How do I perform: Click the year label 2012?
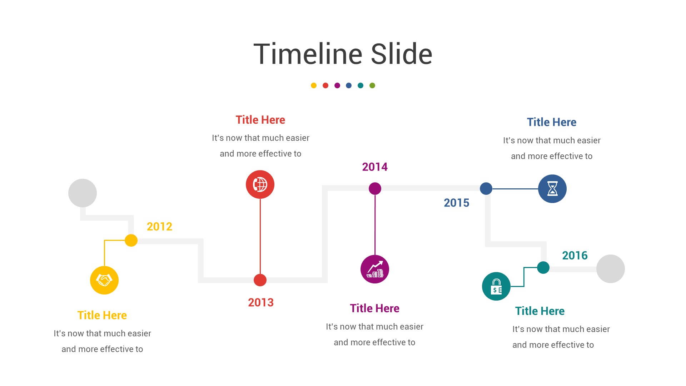coord(159,227)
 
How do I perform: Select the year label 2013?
coord(261,303)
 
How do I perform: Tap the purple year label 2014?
coord(375,167)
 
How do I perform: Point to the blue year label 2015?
coord(456,203)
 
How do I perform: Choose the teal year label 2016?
coord(575,256)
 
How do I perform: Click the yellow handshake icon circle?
coord(104,280)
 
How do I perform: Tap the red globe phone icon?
coord(260,184)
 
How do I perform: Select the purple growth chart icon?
coord(375,269)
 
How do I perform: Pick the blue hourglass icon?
coord(552,189)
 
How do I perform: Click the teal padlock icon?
coord(496,286)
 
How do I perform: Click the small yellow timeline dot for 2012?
coord(131,241)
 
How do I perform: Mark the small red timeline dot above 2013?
coord(260,280)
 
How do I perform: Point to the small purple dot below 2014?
coord(375,188)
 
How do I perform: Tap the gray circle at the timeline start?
coord(83,193)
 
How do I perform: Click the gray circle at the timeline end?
coord(611,269)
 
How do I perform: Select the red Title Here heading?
coord(260,120)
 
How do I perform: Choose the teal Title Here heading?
coord(540,311)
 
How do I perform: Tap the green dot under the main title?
coord(372,85)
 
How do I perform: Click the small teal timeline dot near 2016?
coord(543,267)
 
